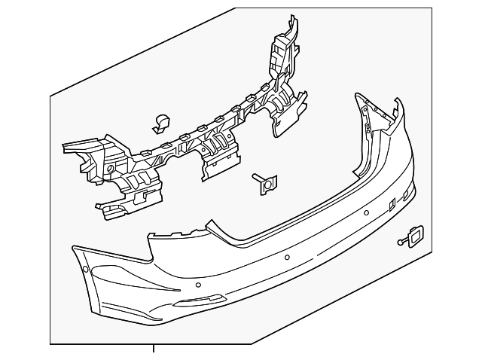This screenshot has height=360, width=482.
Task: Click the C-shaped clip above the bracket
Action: tap(162, 122)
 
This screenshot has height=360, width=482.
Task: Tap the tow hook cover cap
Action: tap(413, 234)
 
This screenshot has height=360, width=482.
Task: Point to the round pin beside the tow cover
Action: tap(400, 243)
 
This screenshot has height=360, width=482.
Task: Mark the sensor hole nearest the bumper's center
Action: tap(286, 256)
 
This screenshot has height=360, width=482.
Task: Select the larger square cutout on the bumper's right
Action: tap(392, 204)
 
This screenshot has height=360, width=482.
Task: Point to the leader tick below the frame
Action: tap(154, 348)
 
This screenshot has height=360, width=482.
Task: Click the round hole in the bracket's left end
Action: tap(111, 167)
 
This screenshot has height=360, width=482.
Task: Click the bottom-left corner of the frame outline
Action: tap(50, 343)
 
